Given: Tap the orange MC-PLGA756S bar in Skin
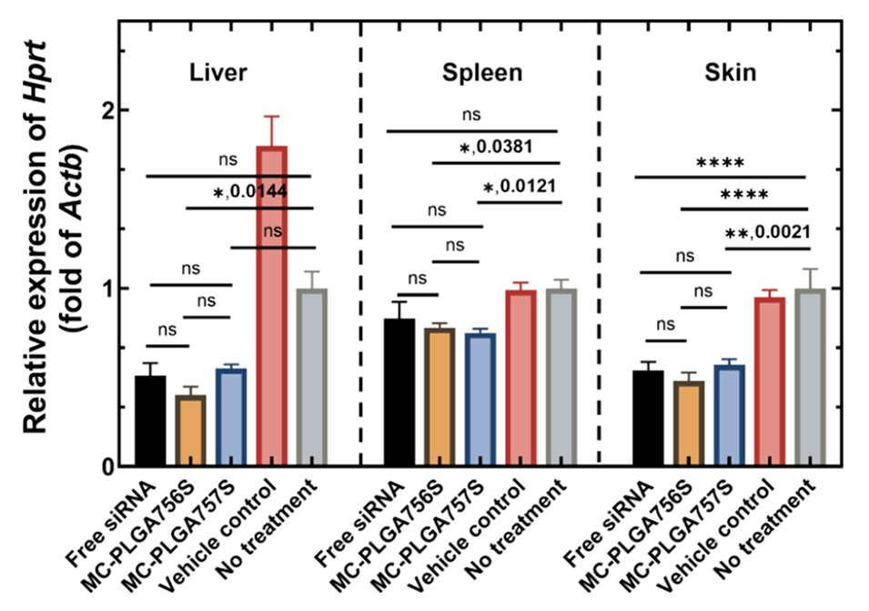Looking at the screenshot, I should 688,423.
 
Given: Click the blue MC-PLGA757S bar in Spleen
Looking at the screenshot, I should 481,400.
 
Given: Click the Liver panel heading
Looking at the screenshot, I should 219,72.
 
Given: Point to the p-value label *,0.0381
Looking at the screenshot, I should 497,146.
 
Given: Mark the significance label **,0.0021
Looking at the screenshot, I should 766,232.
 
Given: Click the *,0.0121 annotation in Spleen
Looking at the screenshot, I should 520,187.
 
